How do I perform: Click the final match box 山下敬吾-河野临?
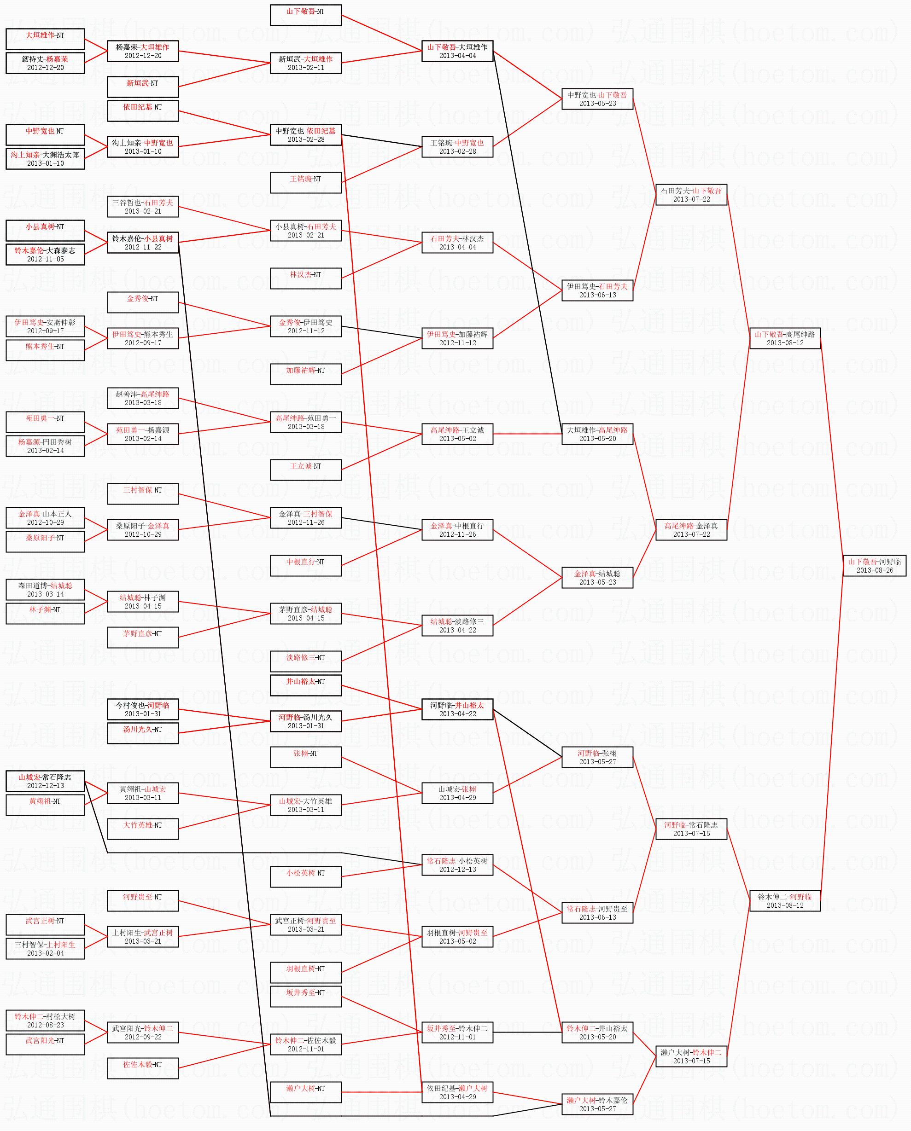coord(874,565)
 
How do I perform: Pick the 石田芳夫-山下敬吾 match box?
coord(691,195)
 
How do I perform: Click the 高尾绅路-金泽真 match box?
coord(691,530)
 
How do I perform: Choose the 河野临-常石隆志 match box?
coord(691,829)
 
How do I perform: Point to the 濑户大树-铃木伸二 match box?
coord(691,1056)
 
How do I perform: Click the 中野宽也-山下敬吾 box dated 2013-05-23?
coord(597,99)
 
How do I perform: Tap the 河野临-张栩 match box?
coord(597,757)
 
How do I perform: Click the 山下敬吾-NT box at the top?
coord(305,15)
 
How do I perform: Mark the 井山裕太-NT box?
coord(305,685)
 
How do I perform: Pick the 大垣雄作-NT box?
coord(45,39)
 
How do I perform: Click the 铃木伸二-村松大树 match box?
coord(45,1021)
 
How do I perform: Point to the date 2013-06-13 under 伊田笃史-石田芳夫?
coord(597,295)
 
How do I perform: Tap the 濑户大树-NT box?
coord(305,1092)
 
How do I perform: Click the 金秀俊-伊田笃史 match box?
coord(305,326)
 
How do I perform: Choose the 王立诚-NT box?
coord(305,470)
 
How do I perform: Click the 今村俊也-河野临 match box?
coord(143,709)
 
